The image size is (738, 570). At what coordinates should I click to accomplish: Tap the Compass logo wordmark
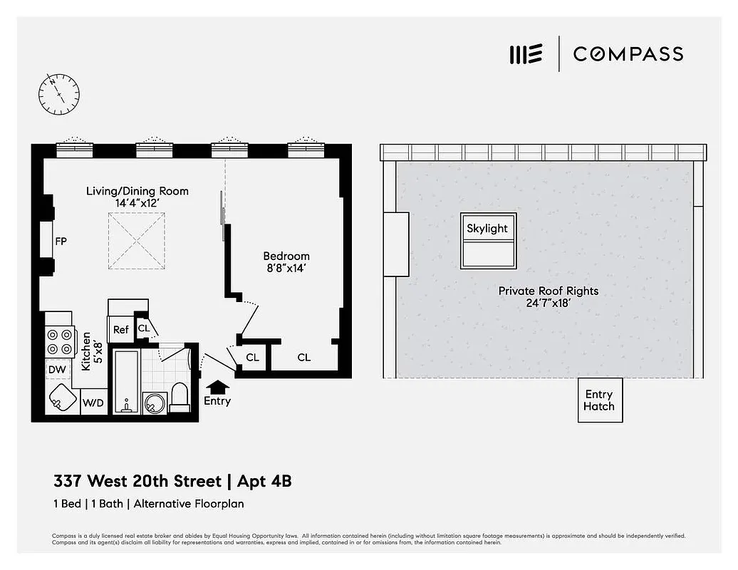pos(628,54)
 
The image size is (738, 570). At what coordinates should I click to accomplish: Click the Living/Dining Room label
pos(137,191)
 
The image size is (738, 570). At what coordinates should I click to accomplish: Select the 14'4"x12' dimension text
pos(137,203)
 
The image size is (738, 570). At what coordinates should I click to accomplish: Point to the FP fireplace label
pos(61,242)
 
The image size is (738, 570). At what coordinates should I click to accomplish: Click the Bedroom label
pos(286,256)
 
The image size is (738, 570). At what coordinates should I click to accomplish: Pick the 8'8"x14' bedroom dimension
pos(286,269)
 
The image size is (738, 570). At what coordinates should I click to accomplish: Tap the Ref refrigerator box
pos(121,329)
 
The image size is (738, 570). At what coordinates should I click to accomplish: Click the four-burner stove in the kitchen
pos(61,341)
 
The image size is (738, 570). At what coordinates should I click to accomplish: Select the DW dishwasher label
pos(57,370)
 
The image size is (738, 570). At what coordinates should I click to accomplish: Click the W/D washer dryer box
pos(93,403)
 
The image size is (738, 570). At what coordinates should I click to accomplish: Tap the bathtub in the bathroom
pos(126,381)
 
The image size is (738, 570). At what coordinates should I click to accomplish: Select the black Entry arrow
pos(217,386)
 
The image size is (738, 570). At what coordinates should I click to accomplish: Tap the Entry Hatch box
pos(599,400)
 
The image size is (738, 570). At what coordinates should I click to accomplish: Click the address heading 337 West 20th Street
pos(137,482)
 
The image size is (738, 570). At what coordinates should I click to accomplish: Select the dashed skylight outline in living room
pos(137,241)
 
